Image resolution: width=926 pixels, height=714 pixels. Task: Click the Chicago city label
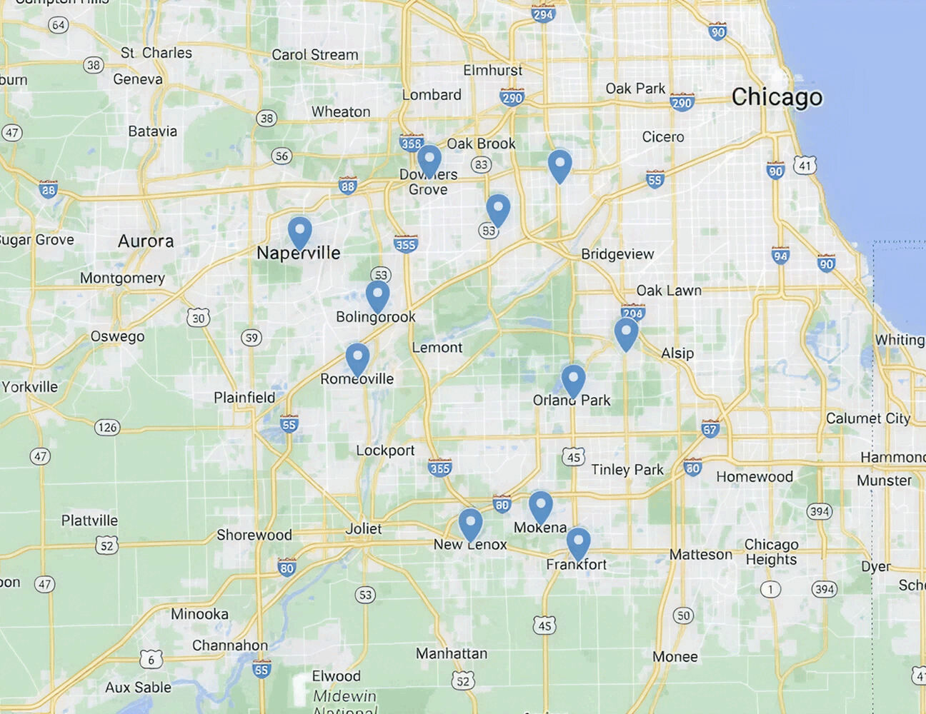[x=777, y=97]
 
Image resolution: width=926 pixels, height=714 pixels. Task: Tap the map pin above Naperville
[x=300, y=232]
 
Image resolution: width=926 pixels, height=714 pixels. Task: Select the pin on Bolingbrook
[x=377, y=296]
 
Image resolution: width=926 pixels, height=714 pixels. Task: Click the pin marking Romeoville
[x=357, y=358]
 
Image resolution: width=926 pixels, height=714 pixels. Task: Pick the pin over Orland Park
[x=573, y=379]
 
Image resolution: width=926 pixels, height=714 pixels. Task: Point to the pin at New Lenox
[x=470, y=523]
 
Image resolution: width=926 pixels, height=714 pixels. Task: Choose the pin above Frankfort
[x=579, y=543]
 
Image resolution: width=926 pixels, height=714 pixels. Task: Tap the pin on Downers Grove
[x=429, y=160]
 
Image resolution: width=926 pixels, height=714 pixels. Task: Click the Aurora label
[x=146, y=241]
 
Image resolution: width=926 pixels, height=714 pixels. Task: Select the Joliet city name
[x=364, y=529]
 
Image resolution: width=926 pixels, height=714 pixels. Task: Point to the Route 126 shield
[x=107, y=427]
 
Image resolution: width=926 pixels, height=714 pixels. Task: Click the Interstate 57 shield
[x=710, y=429]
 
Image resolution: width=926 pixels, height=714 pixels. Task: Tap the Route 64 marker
[x=58, y=25]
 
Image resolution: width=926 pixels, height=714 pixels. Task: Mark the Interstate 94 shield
[x=780, y=256]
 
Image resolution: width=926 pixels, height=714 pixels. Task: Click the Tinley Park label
[x=627, y=470]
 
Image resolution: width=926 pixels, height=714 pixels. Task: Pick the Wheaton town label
[x=341, y=112]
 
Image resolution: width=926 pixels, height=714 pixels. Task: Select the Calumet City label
[x=868, y=418]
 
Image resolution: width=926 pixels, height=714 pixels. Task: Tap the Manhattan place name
[x=452, y=653]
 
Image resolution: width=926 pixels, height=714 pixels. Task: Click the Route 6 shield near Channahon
[x=151, y=660]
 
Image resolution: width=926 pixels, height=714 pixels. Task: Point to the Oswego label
[x=117, y=336]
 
